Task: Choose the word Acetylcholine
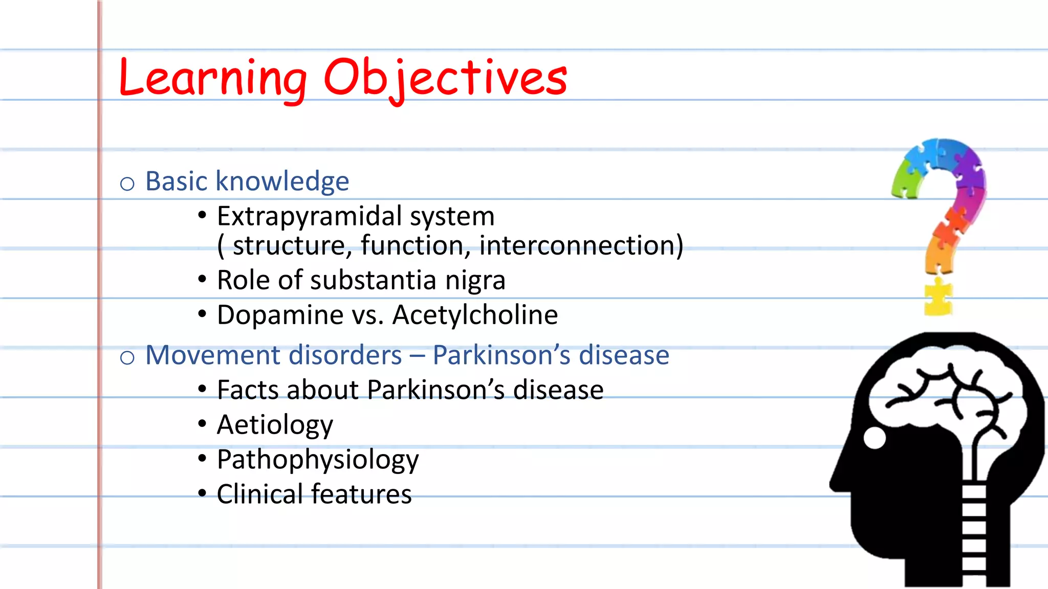pyautogui.click(x=475, y=315)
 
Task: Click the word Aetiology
pyautogui.click(x=275, y=425)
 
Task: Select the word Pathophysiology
pyautogui.click(x=317, y=460)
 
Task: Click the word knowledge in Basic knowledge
pyautogui.click(x=282, y=181)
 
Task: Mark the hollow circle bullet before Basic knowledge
pyautogui.click(x=127, y=184)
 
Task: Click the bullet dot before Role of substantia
pyautogui.click(x=202, y=279)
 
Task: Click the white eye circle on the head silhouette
pyautogui.click(x=875, y=438)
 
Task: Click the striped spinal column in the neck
pyautogui.click(x=974, y=532)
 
